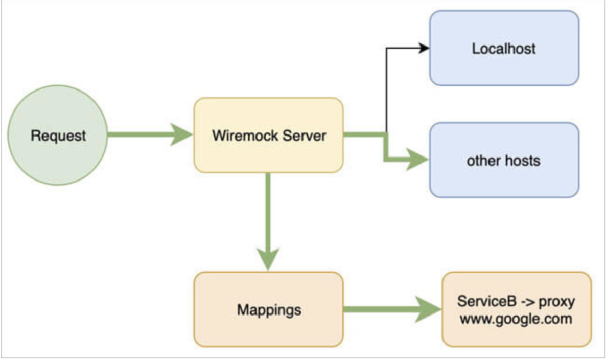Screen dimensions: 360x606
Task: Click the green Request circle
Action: pos(58,135)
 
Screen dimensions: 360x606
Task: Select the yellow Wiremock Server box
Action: pos(268,135)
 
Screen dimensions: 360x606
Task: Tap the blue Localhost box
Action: pos(504,48)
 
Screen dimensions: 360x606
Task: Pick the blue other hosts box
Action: pos(504,160)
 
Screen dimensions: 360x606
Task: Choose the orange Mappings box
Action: pos(268,309)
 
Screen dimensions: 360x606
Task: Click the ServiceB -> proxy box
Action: pos(516,309)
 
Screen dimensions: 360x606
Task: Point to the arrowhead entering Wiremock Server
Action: pos(181,135)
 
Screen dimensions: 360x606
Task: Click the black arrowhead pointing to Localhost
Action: pos(424,48)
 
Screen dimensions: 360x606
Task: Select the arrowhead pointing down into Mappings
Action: pos(267,258)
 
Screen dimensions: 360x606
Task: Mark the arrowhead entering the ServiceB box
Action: pos(428,309)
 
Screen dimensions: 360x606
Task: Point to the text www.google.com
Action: pos(516,320)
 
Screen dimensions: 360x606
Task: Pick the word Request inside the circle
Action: pos(58,136)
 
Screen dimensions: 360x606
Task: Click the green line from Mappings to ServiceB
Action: pos(378,309)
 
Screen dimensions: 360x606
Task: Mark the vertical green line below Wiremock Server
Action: pos(267,210)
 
